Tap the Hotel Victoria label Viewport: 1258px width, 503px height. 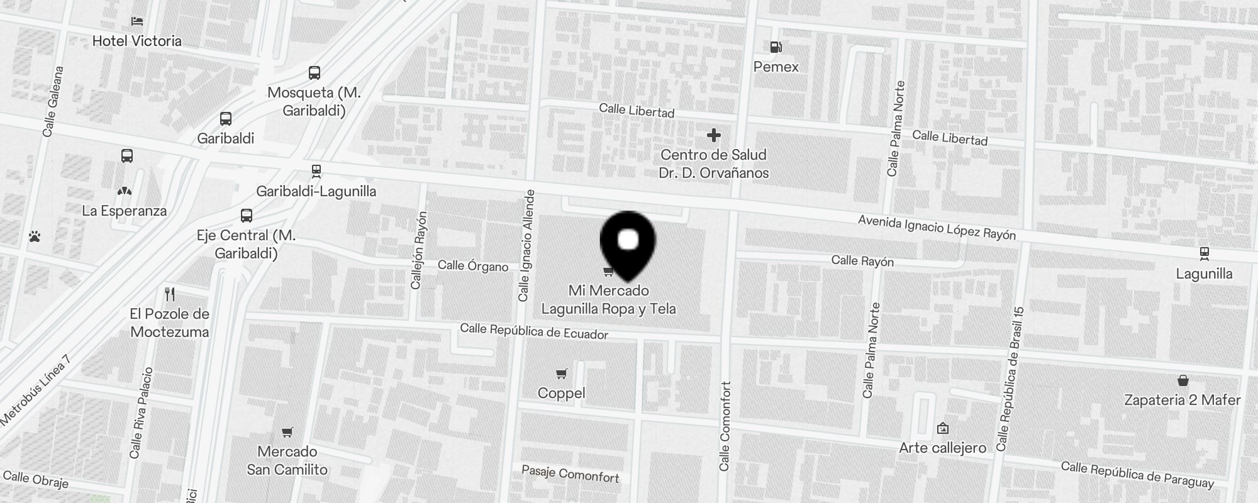click(x=136, y=41)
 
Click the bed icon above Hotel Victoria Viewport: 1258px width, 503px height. click(x=136, y=21)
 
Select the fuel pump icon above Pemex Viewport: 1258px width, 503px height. click(x=776, y=47)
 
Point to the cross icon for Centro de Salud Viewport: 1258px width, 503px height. click(x=713, y=135)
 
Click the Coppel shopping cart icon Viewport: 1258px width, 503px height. click(x=562, y=373)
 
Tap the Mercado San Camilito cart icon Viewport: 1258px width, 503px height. click(x=287, y=432)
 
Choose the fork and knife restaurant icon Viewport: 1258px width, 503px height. click(x=169, y=294)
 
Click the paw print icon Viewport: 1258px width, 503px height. click(x=35, y=236)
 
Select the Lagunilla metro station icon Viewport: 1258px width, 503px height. click(x=1204, y=253)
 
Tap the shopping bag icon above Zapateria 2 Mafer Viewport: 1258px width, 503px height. click(x=1183, y=380)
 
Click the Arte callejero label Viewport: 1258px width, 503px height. click(x=942, y=448)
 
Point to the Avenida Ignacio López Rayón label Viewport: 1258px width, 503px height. click(x=937, y=228)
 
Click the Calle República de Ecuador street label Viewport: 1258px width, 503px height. click(x=534, y=331)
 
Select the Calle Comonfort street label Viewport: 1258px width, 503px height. click(x=725, y=426)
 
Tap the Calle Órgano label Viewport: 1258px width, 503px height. click(x=472, y=266)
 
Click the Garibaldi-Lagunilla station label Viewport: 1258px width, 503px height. click(x=316, y=191)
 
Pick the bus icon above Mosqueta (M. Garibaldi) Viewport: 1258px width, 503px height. click(x=314, y=73)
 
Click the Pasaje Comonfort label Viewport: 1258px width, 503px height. click(x=571, y=473)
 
